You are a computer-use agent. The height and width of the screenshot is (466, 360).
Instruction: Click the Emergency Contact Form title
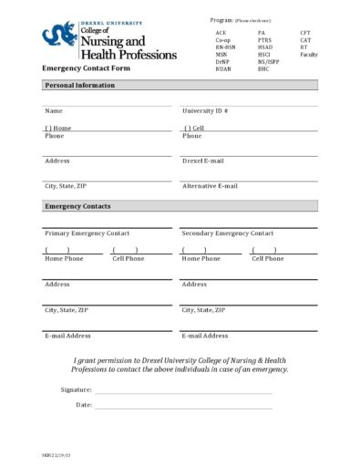tap(86, 69)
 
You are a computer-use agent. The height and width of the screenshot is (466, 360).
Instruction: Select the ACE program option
tap(221, 32)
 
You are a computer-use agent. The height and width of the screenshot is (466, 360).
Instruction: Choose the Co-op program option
tap(223, 41)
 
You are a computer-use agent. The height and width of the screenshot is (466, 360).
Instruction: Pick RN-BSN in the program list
tap(225, 47)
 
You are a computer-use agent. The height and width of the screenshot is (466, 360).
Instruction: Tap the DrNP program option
tap(223, 62)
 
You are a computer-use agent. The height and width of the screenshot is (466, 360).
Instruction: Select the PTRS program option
tap(265, 41)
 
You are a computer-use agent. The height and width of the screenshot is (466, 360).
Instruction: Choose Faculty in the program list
tap(309, 55)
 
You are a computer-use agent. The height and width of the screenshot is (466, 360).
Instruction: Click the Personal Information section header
tap(80, 85)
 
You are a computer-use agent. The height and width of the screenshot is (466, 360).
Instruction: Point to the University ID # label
tap(205, 110)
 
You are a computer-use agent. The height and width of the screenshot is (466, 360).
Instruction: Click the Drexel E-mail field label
tap(203, 161)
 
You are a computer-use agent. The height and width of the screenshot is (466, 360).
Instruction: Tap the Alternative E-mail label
tap(210, 186)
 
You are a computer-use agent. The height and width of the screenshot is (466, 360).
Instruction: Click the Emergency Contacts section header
tap(77, 206)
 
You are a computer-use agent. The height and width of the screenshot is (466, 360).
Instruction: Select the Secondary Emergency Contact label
tap(227, 233)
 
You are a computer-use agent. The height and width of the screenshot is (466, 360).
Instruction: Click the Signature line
tap(182, 389)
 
